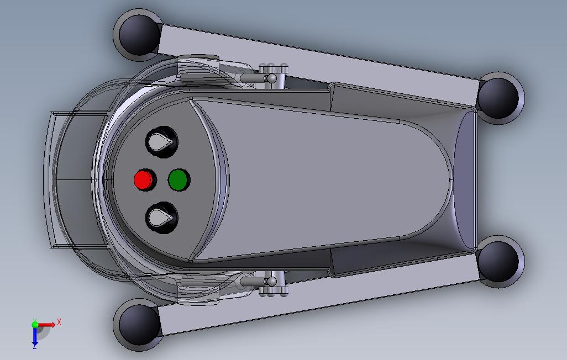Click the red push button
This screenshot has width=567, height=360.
(x=143, y=179)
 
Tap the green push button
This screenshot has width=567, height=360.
(x=177, y=179)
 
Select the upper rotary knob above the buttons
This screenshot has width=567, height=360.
(x=161, y=141)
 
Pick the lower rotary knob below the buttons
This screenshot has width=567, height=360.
(x=161, y=218)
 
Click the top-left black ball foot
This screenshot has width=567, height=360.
(x=136, y=33)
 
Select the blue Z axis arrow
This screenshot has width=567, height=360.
(x=34, y=337)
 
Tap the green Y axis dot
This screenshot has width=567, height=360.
(x=34, y=324)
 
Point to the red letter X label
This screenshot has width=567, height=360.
(x=59, y=322)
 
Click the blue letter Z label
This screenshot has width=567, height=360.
(x=34, y=346)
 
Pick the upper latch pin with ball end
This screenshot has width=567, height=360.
(x=260, y=79)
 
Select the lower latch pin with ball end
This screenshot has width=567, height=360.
(x=260, y=282)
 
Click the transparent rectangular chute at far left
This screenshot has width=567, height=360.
(x=72, y=179)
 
